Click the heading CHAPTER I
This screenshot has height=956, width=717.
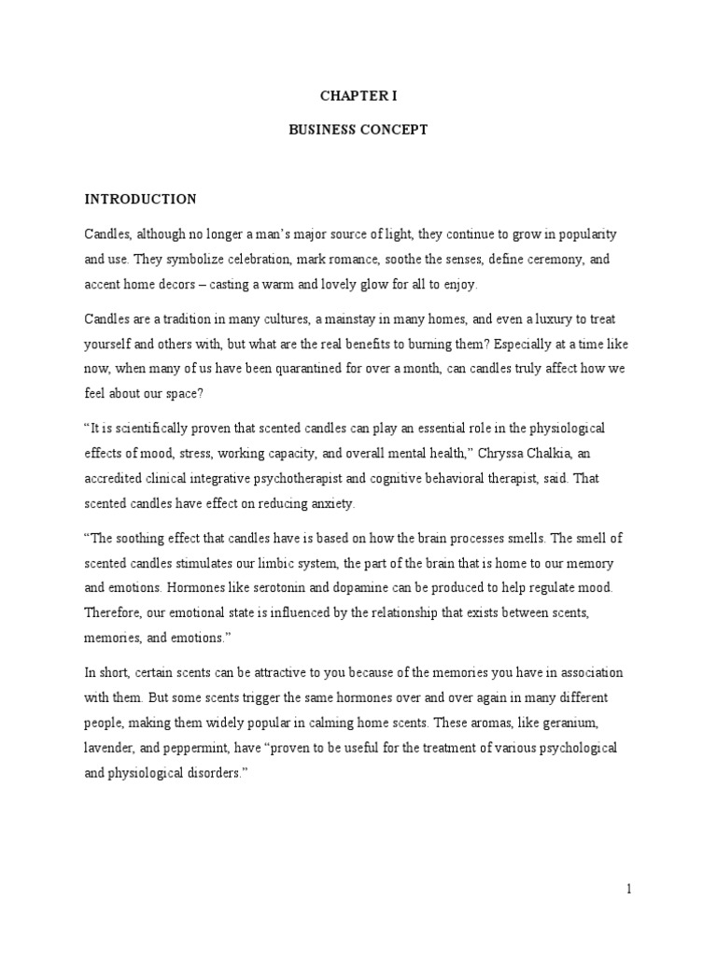click(x=358, y=96)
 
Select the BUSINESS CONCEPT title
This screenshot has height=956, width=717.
click(x=358, y=130)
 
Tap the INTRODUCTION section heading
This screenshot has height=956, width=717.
click(x=141, y=199)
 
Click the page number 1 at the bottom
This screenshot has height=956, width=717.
click(x=630, y=890)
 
